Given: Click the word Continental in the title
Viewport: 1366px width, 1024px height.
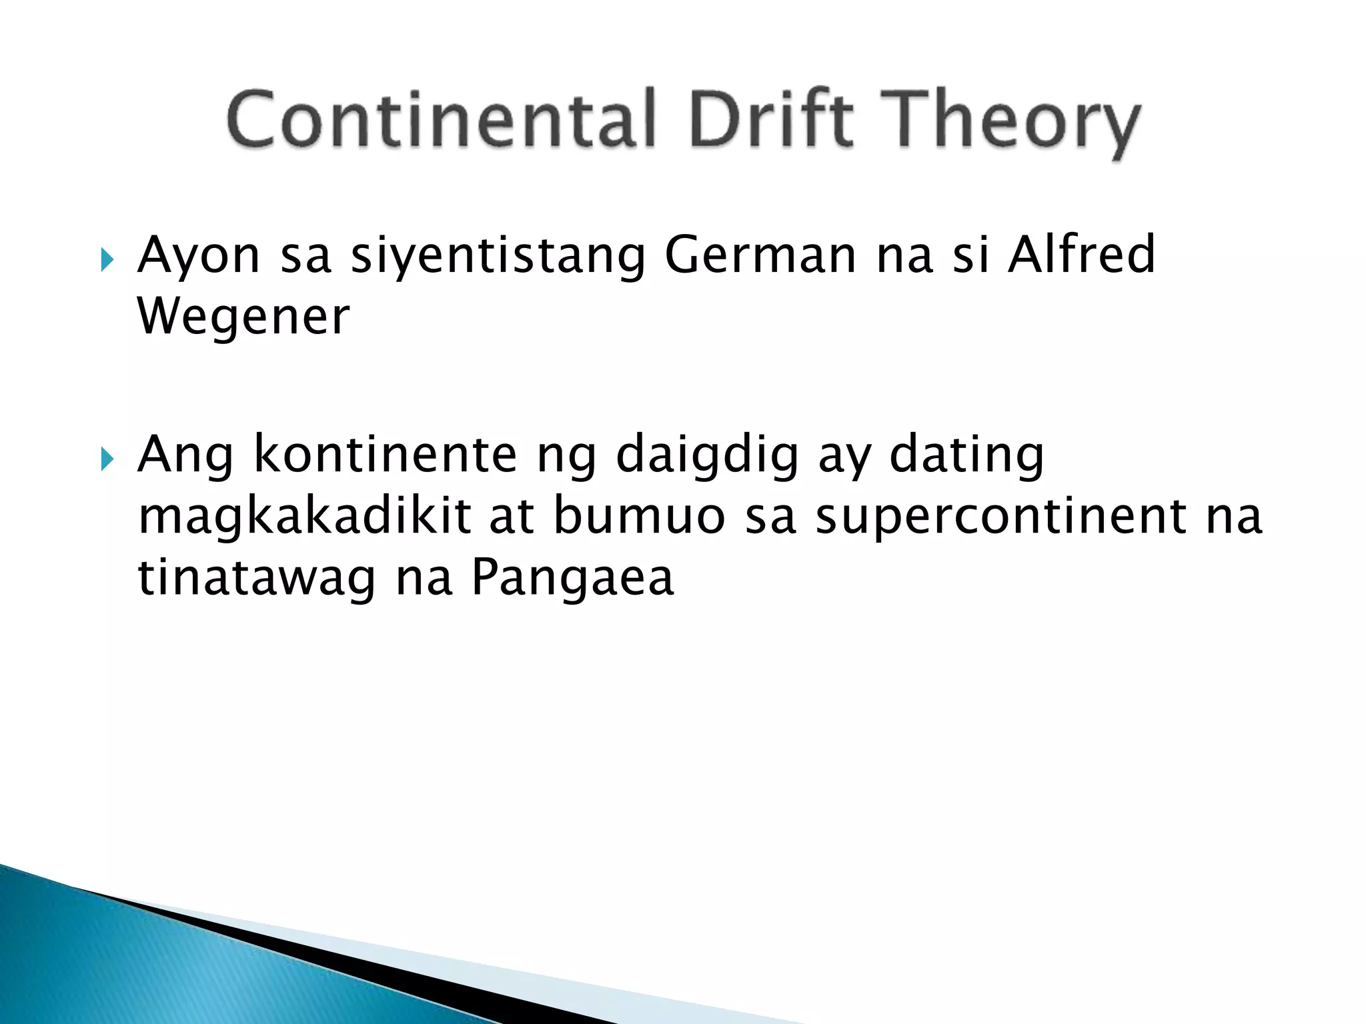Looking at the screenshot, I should (441, 120).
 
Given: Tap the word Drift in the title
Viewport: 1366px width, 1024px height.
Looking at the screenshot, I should (771, 120).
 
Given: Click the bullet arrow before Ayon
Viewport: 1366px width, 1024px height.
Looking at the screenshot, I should (107, 259).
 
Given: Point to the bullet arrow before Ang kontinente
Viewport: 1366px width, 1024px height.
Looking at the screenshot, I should (107, 459).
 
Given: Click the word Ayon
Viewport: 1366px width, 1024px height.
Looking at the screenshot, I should (198, 256).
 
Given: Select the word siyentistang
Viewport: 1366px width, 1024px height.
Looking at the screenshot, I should (498, 257).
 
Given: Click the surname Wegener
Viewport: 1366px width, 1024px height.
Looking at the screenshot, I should (243, 317).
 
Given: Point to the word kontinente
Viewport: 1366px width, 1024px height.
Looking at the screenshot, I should (386, 455).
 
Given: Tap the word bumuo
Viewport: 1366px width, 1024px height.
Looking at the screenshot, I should (639, 516).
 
